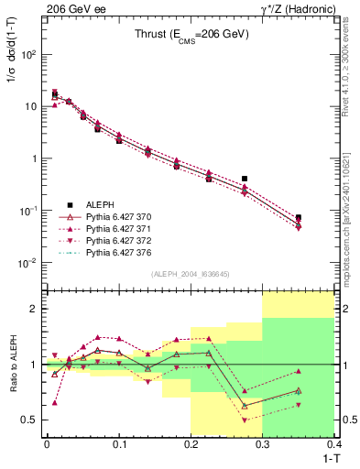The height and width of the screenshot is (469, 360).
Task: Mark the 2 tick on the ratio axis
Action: [34, 309]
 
